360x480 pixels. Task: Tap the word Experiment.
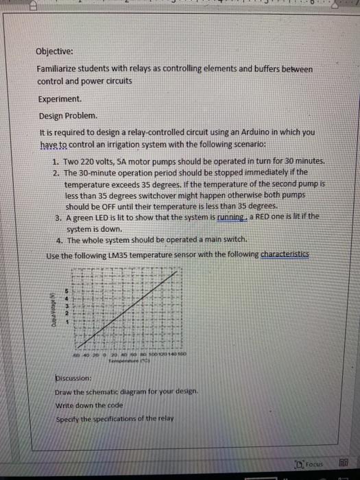(x=60, y=99)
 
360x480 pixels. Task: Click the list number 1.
(x=56, y=162)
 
